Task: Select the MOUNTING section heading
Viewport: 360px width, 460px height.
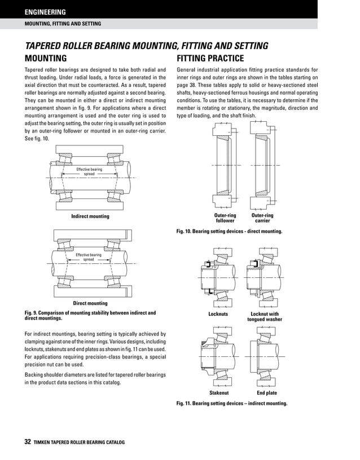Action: [x=46, y=59]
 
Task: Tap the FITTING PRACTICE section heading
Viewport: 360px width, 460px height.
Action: [x=210, y=59]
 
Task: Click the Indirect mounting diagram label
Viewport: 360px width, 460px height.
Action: [x=90, y=216]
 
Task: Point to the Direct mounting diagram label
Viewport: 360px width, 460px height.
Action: [x=90, y=303]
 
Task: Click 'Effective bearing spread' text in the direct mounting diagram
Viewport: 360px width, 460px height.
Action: [x=89, y=257]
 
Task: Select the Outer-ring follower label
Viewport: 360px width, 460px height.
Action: [x=225, y=218]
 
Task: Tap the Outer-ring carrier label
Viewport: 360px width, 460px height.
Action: [x=262, y=218]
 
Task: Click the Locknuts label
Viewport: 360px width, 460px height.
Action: [x=218, y=314]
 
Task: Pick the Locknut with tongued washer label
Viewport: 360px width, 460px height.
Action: [x=264, y=317]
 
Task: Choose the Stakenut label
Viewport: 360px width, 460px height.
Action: [x=218, y=393]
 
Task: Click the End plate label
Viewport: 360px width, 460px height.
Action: [x=266, y=393]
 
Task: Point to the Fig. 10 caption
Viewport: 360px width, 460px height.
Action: [x=229, y=232]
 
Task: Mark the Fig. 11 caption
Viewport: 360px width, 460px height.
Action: [x=232, y=404]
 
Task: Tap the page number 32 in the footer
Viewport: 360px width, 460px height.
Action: [x=27, y=442]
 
